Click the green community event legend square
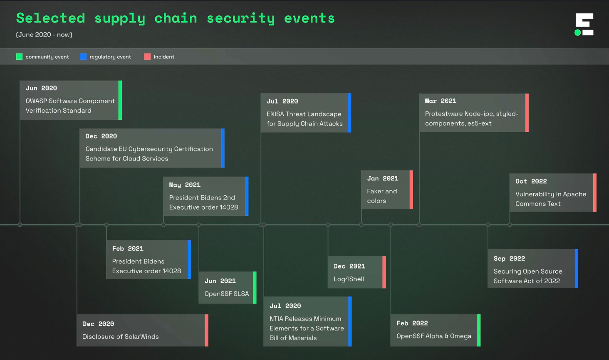pyautogui.click(x=19, y=57)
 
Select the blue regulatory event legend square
pyautogui.click(x=83, y=57)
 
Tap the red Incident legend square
pyautogui.click(x=147, y=57)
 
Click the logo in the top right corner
pyautogui.click(x=584, y=25)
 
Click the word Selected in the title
pyautogui.click(x=50, y=18)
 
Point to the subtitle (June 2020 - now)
pyautogui.click(x=44, y=35)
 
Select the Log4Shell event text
pyautogui.click(x=349, y=279)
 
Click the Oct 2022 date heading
pyautogui.click(x=531, y=181)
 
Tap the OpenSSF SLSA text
pyautogui.click(x=227, y=293)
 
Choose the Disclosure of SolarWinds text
pyautogui.click(x=121, y=337)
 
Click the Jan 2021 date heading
pyautogui.click(x=383, y=178)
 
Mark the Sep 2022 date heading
pyautogui.click(x=509, y=259)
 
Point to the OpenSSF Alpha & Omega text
pyautogui.click(x=434, y=336)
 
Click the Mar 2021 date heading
pyautogui.click(x=441, y=101)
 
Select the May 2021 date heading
pyautogui.click(x=185, y=185)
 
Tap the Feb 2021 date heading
pyautogui.click(x=128, y=249)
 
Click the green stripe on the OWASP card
pyautogui.click(x=120, y=100)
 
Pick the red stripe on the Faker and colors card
pyautogui.click(x=411, y=189)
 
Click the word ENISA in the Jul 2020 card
pyautogui.click(x=275, y=114)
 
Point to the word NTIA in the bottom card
pyautogui.click(x=277, y=319)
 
